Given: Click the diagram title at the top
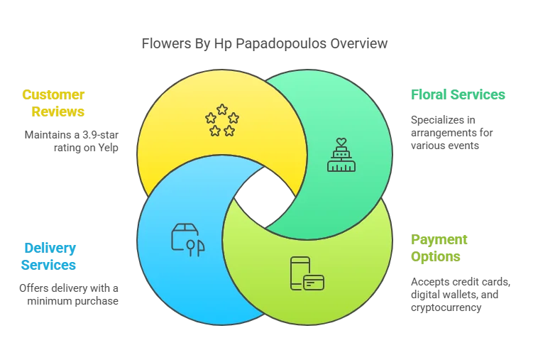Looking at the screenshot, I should pos(265,44).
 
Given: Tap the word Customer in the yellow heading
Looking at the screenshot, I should pos(53,94).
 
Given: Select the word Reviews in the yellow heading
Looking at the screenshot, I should pos(57,111).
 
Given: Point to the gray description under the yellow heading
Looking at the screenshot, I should pos(70,141).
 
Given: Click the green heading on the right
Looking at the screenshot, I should pos(457,95).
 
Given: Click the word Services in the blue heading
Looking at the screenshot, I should pos(49,266).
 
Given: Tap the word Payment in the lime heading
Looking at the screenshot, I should pos(439,239).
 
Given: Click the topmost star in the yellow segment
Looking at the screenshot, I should pos(222,109).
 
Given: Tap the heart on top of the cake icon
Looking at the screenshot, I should pos(341,141).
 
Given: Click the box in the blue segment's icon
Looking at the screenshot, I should pos(183,237).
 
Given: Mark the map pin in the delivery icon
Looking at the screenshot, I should pos(190,246).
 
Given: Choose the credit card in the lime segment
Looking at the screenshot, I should pos(314,283).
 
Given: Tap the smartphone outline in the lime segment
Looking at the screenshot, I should pos(299,273).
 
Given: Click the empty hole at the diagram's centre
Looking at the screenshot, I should pos(264,195).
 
